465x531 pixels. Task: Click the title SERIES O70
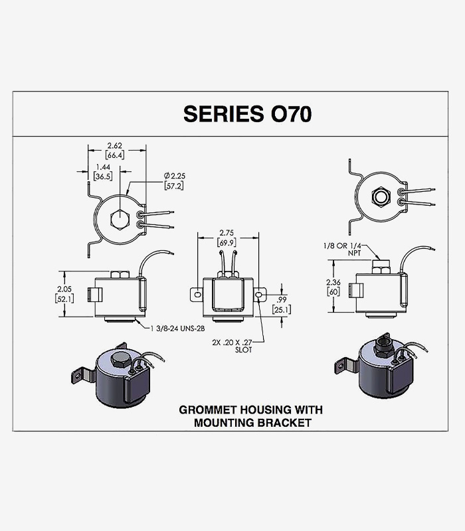coord(247,114)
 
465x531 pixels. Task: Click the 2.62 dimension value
coord(114,146)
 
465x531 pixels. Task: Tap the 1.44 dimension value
coord(103,167)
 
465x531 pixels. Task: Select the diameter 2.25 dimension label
coord(174,176)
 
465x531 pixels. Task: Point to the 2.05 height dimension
coord(64,289)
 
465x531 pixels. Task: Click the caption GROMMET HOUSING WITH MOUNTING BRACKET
coord(250,416)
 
